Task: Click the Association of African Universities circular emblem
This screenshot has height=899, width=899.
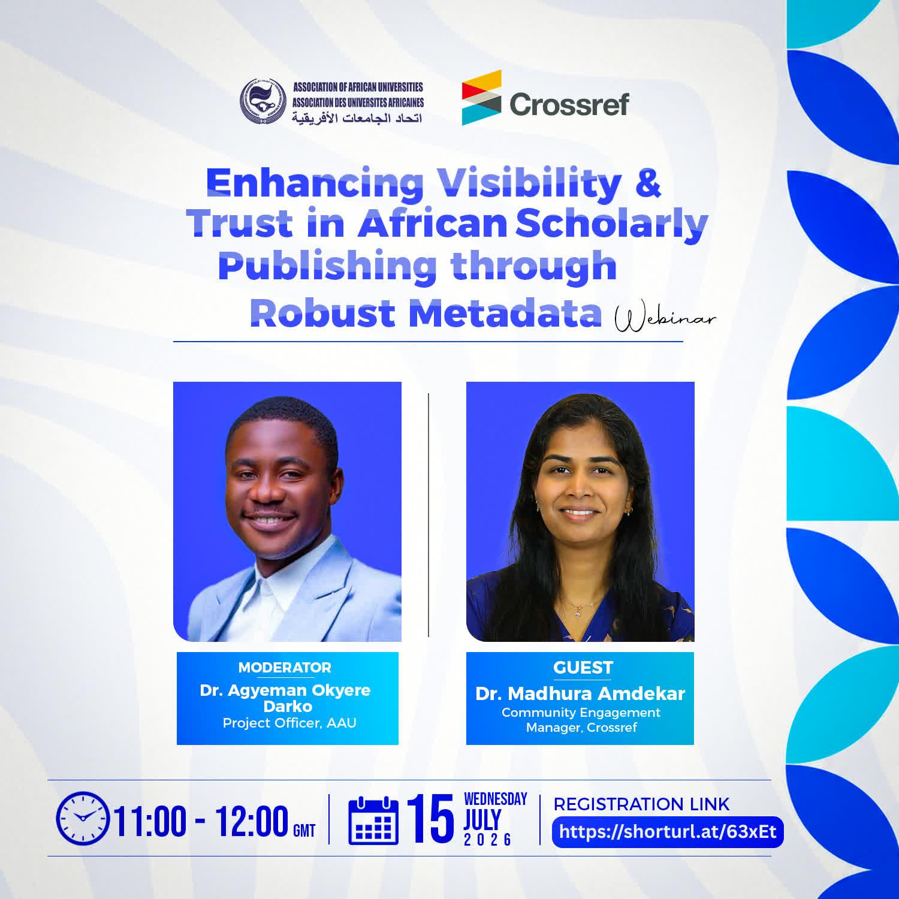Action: (x=264, y=102)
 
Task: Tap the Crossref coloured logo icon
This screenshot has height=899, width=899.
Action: (x=481, y=98)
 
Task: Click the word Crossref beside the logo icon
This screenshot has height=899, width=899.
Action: (x=569, y=104)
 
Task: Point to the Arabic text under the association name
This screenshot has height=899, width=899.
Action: (x=357, y=117)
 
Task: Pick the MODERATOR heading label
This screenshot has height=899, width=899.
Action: (x=285, y=668)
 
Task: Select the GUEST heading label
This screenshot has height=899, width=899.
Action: (x=583, y=668)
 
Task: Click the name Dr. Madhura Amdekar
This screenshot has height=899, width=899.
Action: (x=580, y=694)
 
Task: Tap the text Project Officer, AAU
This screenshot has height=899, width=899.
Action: (x=289, y=723)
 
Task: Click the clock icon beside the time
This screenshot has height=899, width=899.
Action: (x=83, y=818)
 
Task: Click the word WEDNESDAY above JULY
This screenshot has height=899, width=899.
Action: (x=496, y=799)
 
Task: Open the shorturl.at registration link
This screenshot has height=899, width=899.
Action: (x=668, y=832)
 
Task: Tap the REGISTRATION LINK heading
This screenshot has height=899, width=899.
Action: (x=641, y=804)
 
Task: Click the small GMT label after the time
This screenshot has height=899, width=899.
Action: (x=304, y=831)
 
